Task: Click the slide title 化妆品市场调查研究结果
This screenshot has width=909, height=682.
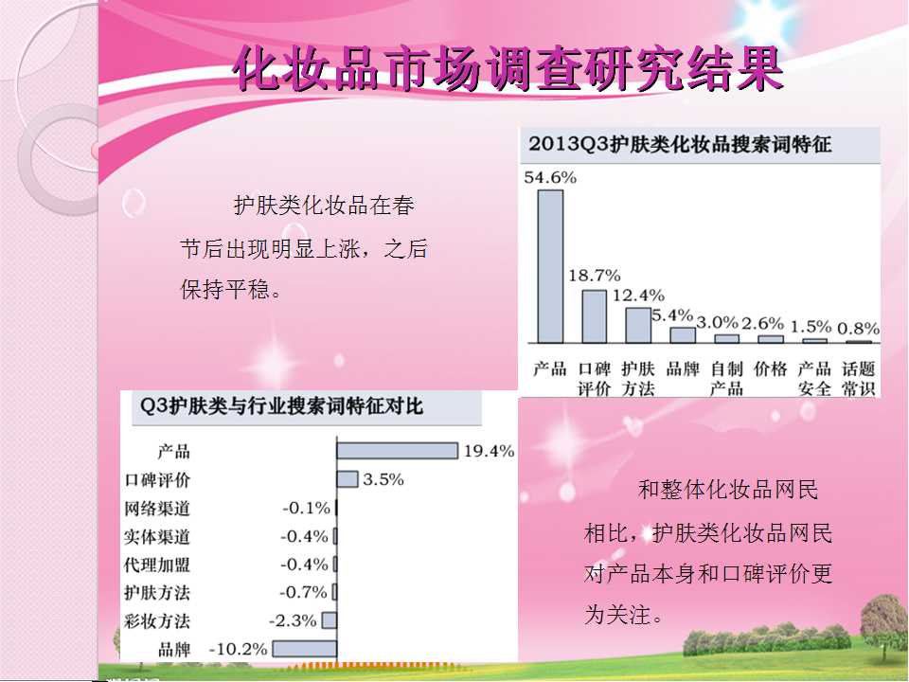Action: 508,69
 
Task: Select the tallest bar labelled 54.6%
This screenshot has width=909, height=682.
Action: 550,266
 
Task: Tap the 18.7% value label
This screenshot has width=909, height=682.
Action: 595,275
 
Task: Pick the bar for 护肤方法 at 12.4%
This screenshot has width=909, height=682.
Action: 638,325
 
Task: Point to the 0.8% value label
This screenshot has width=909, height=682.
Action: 858,329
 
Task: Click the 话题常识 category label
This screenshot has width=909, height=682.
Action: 858,379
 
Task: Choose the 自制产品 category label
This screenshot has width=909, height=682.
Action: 726,379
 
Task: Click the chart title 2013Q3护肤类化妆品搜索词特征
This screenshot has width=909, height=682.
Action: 680,144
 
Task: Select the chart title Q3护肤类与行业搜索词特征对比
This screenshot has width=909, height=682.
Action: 282,405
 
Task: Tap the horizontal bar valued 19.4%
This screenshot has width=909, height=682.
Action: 397,451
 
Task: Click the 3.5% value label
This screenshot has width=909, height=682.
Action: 383,479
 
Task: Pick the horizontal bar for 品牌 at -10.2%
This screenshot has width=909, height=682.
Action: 304,649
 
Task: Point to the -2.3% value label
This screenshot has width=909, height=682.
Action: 293,621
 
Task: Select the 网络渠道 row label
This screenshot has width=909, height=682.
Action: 157,509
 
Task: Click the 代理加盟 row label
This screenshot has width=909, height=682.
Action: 157,565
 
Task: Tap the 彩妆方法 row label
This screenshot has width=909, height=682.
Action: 157,621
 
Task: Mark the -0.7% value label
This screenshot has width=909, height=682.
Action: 303,593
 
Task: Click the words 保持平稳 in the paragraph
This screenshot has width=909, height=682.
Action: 225,289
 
